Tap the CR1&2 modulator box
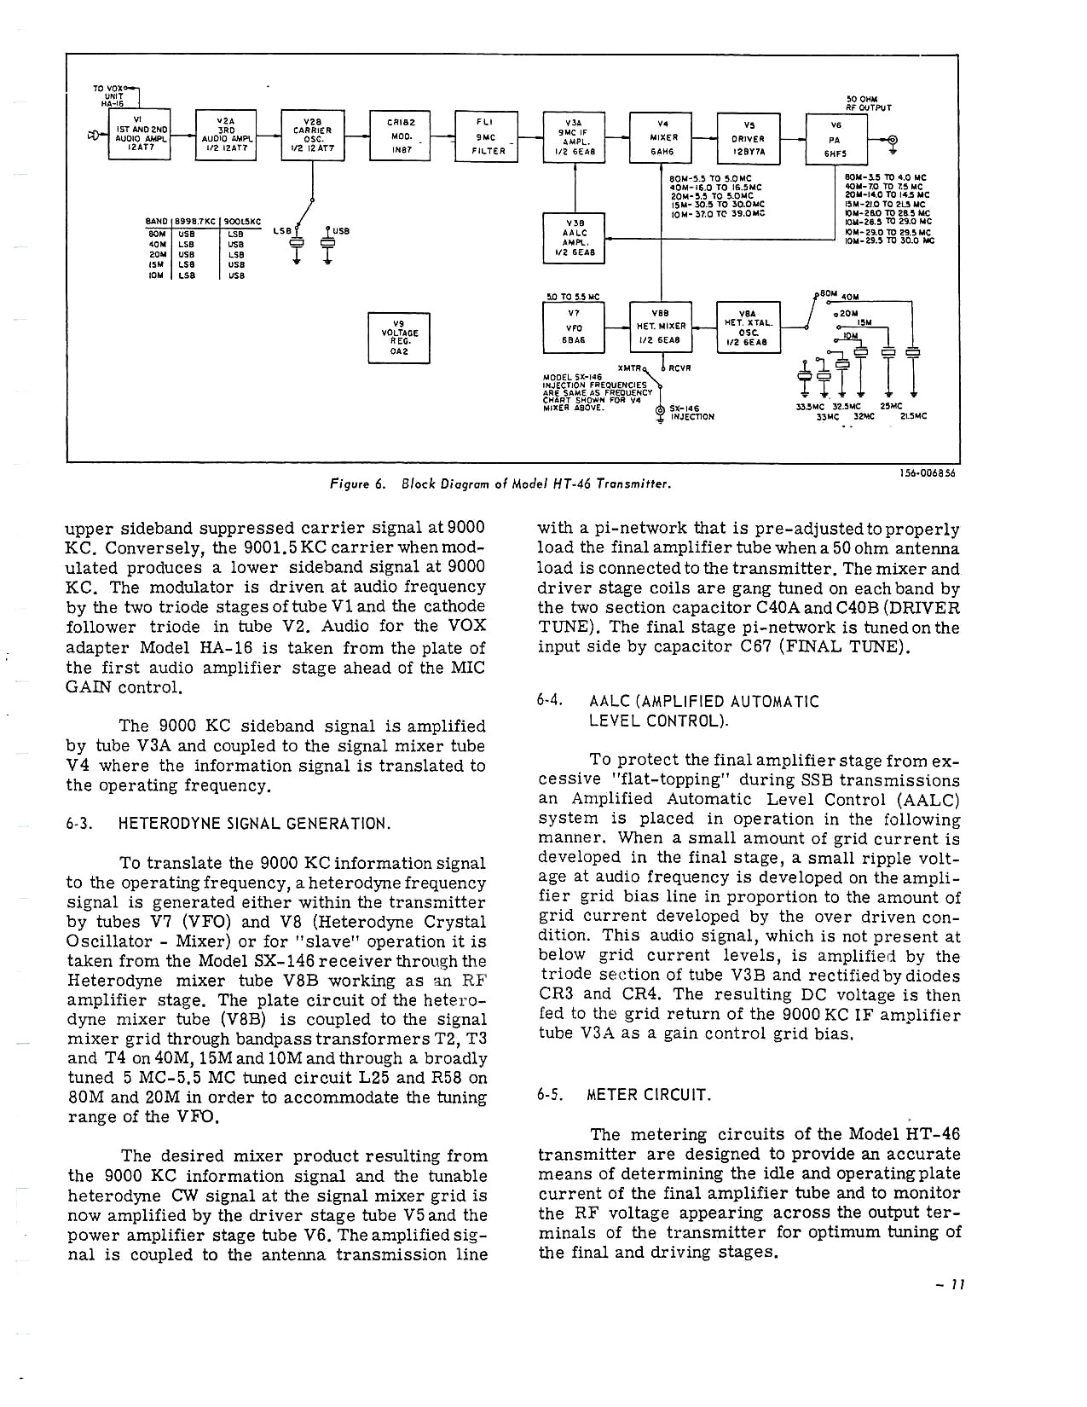[x=400, y=136]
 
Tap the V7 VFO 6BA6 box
[x=574, y=327]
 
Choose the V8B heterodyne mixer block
[x=662, y=327]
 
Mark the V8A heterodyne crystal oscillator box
[x=748, y=327]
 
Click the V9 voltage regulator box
[x=398, y=338]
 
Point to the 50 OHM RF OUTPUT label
[x=868, y=103]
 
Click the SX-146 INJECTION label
[x=691, y=413]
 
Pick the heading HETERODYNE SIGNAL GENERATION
[x=254, y=824]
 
